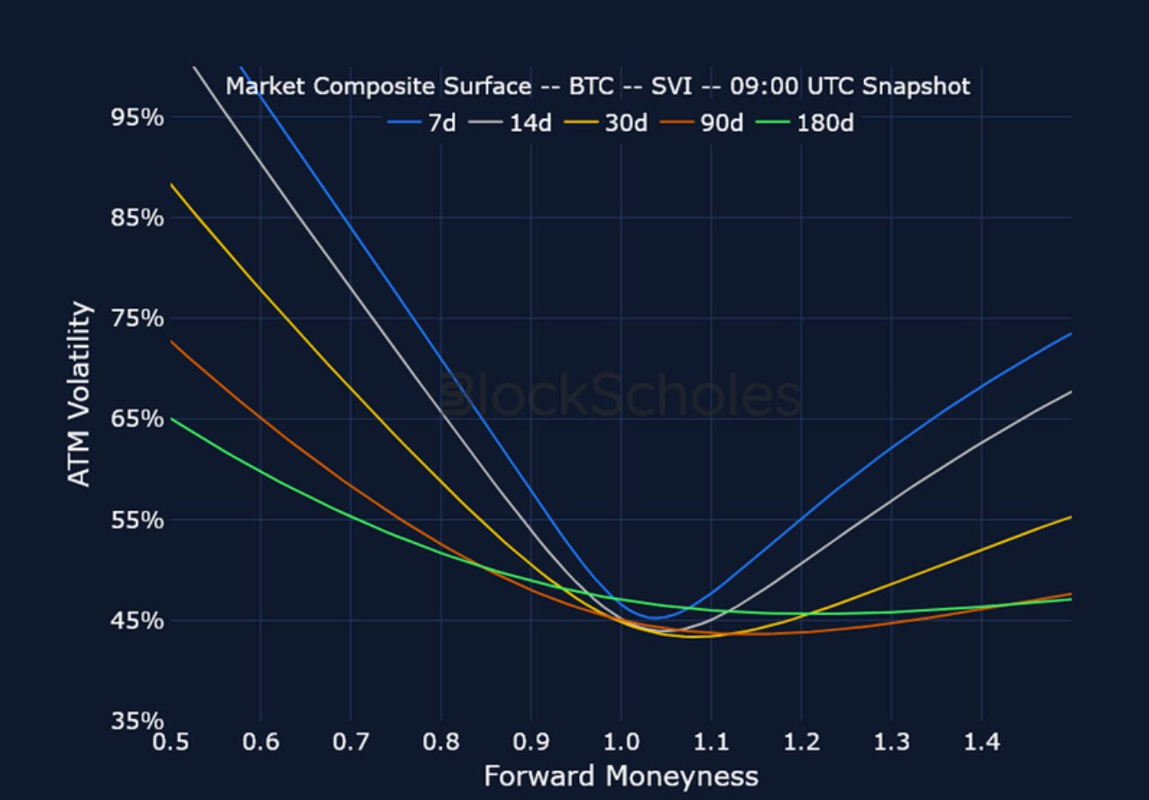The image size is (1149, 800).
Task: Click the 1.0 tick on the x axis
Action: pos(620,744)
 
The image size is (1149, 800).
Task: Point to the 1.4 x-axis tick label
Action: pos(981,744)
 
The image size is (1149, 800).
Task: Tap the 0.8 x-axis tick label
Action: pos(440,744)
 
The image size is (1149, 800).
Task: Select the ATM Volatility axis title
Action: pos(81,395)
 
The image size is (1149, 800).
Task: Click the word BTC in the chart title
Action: pos(591,87)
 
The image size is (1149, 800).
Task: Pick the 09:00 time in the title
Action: pos(759,87)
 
